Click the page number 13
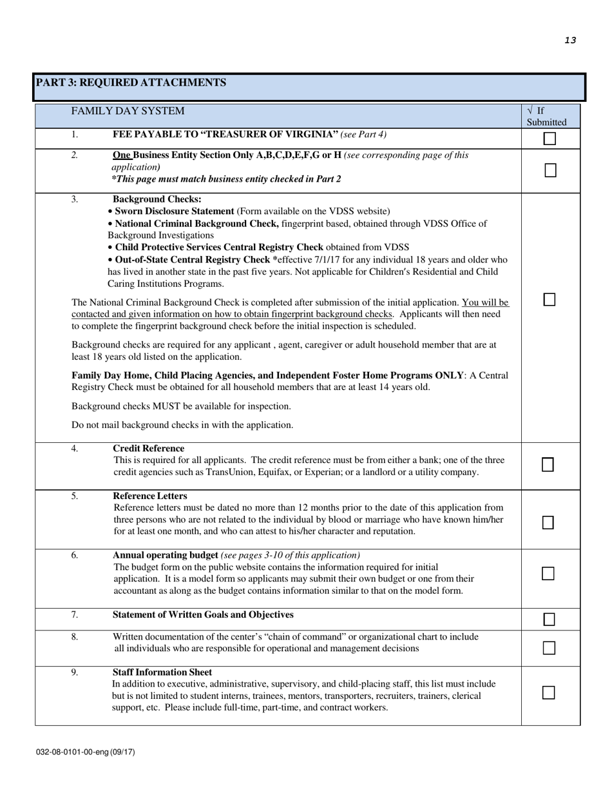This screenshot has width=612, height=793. pos(570,40)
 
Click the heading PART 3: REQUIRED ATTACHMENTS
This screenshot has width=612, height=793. pos(131,83)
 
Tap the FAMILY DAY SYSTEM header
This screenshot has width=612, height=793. pos(128,111)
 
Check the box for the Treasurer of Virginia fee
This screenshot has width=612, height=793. pos(550,139)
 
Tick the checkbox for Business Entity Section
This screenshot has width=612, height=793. pos(550,170)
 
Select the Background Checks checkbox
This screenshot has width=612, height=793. pos(549,299)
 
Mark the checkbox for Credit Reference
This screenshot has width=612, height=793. pos(548,464)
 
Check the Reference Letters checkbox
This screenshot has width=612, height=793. pos(548,522)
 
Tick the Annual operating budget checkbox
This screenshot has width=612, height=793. pos(548,573)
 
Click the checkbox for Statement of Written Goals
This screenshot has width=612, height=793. pos(549,620)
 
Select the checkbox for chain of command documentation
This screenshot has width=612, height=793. pos(549,648)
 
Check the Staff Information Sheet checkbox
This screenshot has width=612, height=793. pos(548,692)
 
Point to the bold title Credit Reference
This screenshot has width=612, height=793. pos(148,448)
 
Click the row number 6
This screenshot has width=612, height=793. pos(75,555)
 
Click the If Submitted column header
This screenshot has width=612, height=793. pos(546,116)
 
